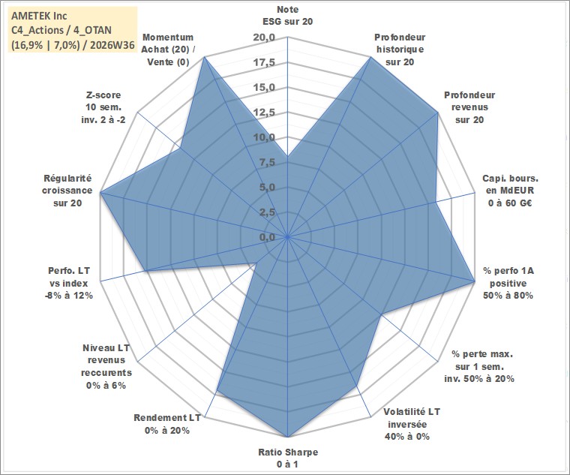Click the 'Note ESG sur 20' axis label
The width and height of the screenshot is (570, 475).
point(287,15)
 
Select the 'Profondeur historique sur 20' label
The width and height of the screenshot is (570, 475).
point(400,50)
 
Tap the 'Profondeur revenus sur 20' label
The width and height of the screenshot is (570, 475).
point(469,107)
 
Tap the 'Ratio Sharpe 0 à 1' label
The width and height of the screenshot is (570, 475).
point(288,458)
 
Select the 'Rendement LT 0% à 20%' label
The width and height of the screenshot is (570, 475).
point(167,424)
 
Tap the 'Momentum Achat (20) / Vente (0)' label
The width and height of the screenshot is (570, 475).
point(168,50)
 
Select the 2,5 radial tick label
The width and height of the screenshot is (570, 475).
point(268,213)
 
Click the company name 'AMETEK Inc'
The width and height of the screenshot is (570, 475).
point(39,16)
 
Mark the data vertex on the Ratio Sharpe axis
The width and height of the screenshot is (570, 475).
point(287,437)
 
